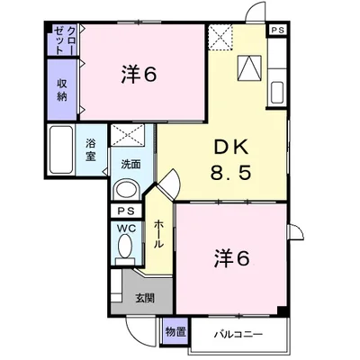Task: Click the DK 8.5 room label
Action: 230,160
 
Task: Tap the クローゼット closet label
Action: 64,40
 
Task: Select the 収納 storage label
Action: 62,90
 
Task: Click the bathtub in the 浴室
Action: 61,149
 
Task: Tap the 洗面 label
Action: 130,165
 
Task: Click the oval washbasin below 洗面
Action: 128,189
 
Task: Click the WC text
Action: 126,229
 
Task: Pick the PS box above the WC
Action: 126,211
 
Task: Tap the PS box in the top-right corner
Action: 278,30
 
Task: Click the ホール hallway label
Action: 158,234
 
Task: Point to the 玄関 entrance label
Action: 145,298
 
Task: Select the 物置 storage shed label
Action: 176,332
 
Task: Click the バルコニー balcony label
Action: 238,334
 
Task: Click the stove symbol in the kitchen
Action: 248,68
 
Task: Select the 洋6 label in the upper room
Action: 139,74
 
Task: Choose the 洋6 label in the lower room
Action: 231,258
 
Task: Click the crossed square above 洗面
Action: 128,135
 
